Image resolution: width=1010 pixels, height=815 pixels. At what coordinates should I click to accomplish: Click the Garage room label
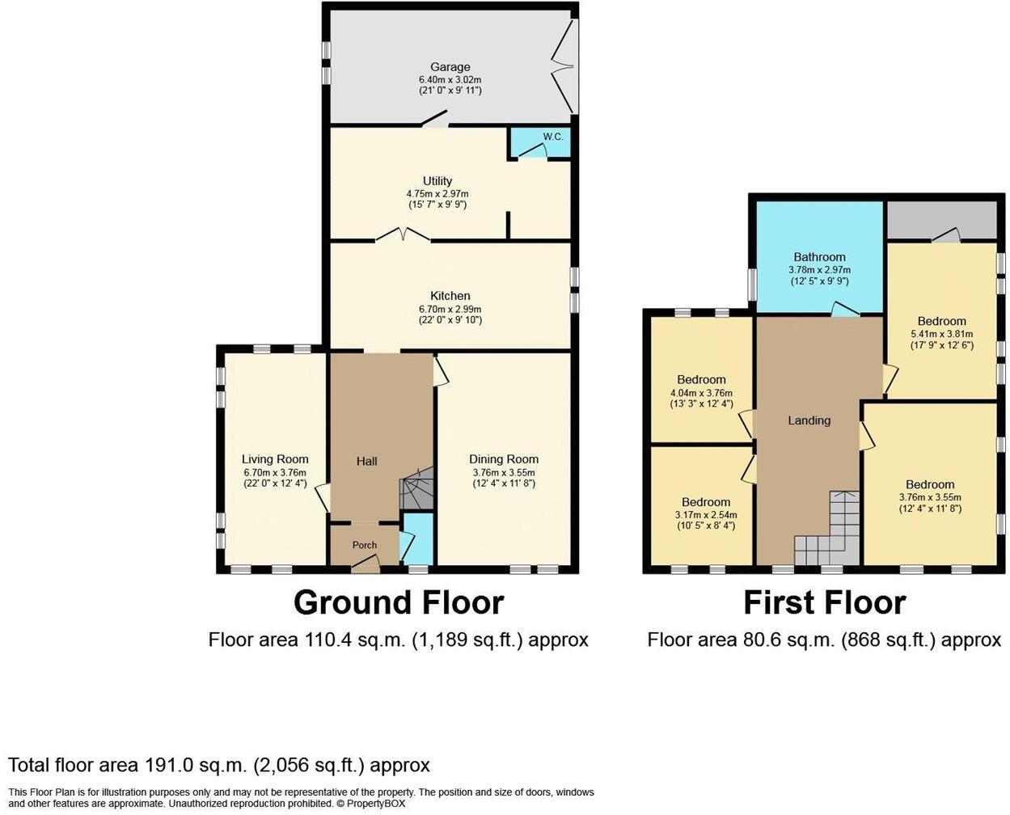coord(450,67)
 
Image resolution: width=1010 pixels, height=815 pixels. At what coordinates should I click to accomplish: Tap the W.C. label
coord(552,137)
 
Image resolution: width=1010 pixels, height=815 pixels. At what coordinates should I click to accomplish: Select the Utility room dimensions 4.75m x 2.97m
coord(437,194)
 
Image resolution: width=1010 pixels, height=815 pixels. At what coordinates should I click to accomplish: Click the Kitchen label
coord(450,296)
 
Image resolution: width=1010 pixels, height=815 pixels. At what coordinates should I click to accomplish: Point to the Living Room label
coord(275,459)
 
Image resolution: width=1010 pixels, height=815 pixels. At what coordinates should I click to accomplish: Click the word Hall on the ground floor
coord(367,462)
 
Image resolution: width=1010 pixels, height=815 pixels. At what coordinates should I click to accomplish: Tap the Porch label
coord(365,545)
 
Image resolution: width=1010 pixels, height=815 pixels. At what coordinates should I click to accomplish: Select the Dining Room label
coord(504,459)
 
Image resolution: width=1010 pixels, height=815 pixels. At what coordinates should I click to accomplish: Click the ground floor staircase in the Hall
coord(417,490)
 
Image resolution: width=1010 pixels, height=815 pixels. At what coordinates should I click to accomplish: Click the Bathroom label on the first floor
coord(819,257)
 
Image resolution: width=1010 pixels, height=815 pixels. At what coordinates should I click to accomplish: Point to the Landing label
coord(809,420)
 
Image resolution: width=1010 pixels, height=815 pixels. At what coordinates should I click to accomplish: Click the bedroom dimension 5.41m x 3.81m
coord(941,334)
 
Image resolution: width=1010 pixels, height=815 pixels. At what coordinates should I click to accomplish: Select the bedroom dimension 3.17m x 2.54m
coord(705,515)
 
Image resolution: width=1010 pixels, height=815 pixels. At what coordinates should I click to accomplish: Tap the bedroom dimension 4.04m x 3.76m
coord(701,393)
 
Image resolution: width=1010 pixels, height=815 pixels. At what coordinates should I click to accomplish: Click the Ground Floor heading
coord(398,603)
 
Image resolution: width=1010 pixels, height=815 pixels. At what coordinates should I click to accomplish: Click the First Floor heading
coord(824,603)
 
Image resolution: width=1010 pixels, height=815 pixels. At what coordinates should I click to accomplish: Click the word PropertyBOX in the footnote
coord(375,804)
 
